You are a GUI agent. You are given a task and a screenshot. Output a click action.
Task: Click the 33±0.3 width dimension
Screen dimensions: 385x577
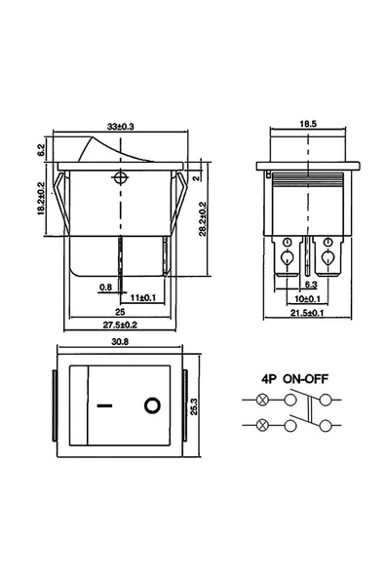click(x=120, y=127)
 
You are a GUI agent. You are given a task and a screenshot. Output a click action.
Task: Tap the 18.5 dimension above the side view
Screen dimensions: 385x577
click(x=308, y=124)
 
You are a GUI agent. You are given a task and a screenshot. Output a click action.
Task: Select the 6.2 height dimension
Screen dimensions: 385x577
click(x=41, y=149)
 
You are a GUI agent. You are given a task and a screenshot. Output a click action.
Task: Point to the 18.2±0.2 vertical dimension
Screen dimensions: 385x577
click(x=41, y=199)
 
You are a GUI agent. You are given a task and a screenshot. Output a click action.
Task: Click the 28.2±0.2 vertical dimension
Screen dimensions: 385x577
click(x=203, y=219)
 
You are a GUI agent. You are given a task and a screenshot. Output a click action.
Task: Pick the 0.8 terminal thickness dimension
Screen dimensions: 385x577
click(x=105, y=287)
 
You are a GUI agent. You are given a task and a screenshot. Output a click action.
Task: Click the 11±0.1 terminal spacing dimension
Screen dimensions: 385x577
click(x=143, y=297)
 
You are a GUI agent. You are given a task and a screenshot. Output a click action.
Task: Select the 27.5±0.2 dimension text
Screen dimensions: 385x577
click(x=120, y=325)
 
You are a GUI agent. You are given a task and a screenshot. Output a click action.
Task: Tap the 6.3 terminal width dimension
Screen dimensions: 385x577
click(x=311, y=285)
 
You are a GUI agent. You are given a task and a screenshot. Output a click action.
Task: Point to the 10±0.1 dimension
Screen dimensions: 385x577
click(x=307, y=298)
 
